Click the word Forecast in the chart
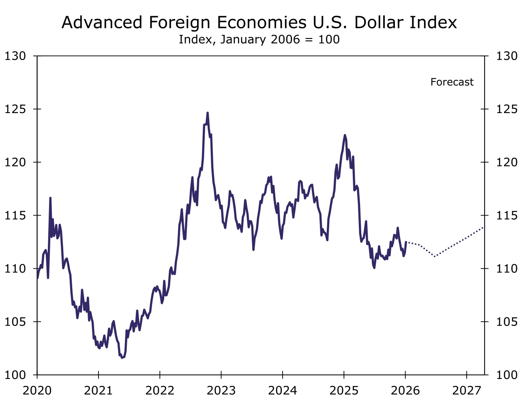452,82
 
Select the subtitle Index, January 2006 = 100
259,40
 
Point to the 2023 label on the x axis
221,390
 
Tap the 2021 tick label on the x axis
99,390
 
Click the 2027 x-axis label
467,390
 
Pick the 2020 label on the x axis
37,390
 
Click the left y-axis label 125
15,109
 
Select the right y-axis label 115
507,215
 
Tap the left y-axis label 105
15,322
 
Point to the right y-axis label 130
507,56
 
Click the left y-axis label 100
15,375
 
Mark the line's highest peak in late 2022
208,113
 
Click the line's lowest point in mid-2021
122,357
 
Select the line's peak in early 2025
345,135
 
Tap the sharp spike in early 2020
50,198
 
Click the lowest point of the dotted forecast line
435,257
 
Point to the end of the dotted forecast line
484,227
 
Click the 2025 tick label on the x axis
344,390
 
